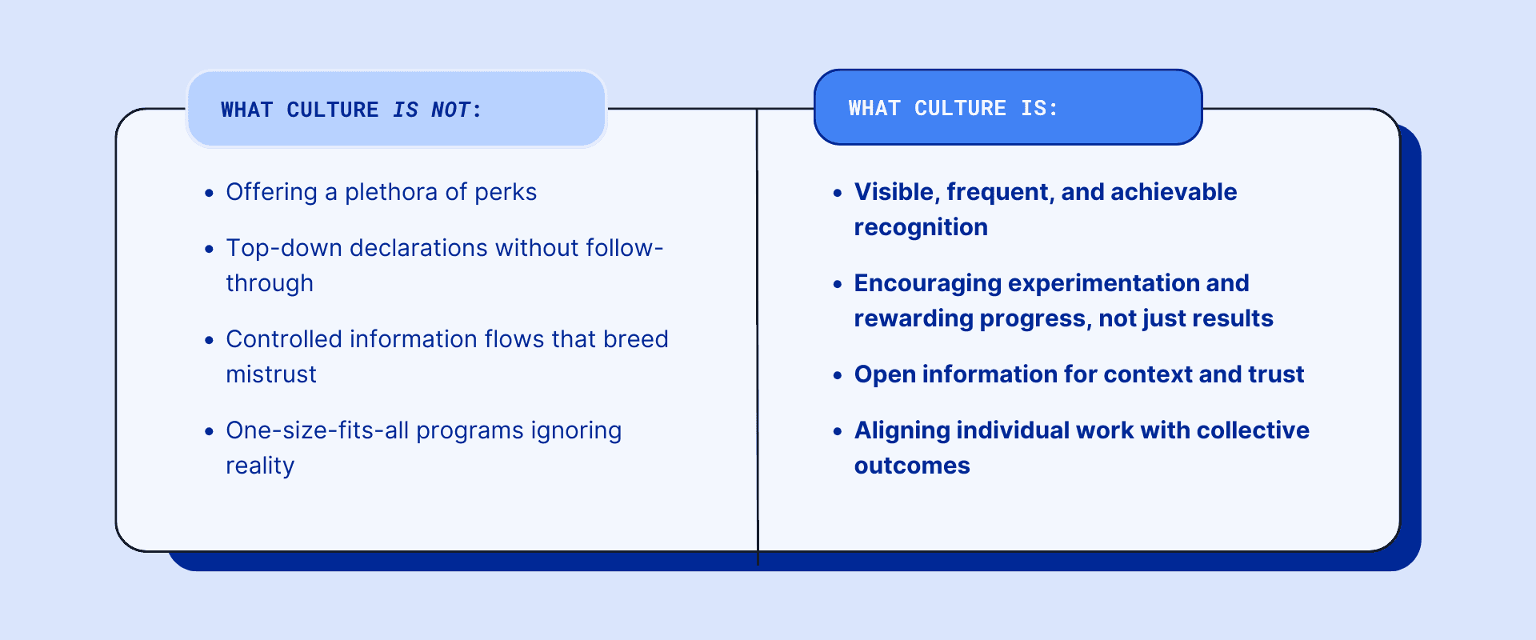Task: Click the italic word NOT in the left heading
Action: pos(451,110)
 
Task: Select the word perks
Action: pos(506,193)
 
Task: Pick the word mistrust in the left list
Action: pos(270,374)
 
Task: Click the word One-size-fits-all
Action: pos(318,431)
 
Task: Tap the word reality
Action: pos(260,466)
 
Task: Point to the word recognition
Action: pos(921,227)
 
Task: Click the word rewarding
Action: pos(914,319)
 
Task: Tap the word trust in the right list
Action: pos(1277,374)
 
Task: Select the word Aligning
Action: pos(902,431)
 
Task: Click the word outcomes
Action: pos(912,466)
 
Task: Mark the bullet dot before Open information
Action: pos(838,375)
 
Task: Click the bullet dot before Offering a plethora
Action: pos(209,193)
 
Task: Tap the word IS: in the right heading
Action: pos(1038,108)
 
